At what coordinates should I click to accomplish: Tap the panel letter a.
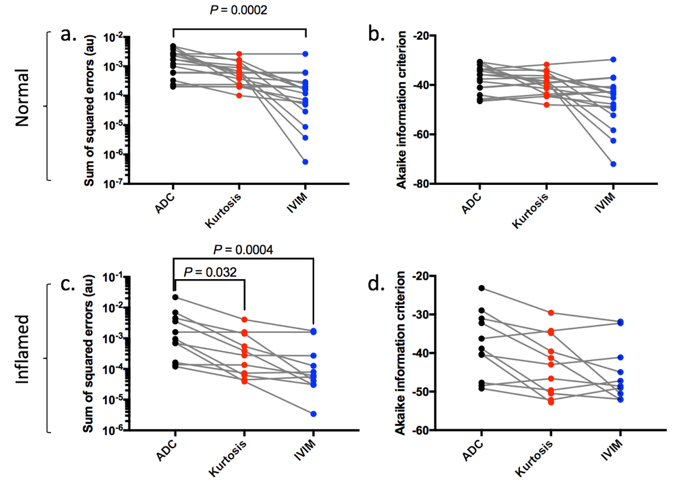(x=70, y=35)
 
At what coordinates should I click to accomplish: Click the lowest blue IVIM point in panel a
(x=306, y=161)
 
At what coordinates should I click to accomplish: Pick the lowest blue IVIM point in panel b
(x=613, y=164)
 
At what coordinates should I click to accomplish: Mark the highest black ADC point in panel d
(x=481, y=288)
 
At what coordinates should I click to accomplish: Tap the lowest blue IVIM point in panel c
(x=313, y=414)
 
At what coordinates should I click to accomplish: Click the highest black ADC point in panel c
(x=174, y=298)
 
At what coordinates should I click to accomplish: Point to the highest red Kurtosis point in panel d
(x=551, y=313)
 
